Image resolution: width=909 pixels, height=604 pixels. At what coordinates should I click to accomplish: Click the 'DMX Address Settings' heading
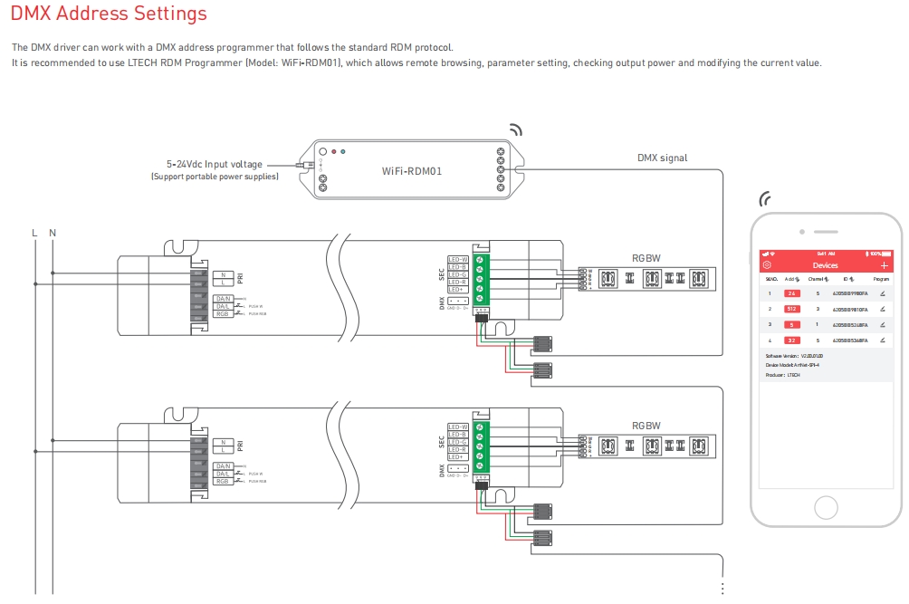(x=109, y=14)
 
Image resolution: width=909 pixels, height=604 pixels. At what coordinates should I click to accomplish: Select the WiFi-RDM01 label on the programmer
(x=412, y=170)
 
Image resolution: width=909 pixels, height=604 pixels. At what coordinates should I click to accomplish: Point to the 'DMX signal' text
(x=662, y=158)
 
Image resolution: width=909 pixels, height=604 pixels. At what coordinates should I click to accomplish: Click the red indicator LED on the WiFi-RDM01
(x=334, y=151)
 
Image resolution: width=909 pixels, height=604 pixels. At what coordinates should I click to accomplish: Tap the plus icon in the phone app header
(x=884, y=265)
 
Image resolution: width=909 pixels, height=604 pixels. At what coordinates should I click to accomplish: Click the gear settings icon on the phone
(x=767, y=265)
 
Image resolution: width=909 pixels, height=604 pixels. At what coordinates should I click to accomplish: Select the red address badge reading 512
(x=792, y=309)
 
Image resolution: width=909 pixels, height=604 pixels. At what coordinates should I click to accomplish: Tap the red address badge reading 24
(x=792, y=293)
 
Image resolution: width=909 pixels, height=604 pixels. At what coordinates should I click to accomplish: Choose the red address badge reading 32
(x=792, y=340)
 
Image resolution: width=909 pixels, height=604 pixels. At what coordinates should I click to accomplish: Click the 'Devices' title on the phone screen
(x=826, y=265)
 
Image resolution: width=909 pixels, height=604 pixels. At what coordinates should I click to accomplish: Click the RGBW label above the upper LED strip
(x=646, y=258)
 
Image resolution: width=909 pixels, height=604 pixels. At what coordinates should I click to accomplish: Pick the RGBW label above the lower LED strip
(x=646, y=426)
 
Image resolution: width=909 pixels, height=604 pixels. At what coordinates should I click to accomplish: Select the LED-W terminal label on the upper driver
(x=457, y=259)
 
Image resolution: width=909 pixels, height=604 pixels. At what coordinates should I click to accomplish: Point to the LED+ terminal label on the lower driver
(x=457, y=457)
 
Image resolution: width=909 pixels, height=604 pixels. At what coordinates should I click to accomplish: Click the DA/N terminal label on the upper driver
(x=223, y=298)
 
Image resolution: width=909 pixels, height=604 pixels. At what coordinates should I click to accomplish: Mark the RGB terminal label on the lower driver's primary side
(x=223, y=481)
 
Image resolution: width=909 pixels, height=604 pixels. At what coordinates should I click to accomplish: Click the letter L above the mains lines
(x=34, y=233)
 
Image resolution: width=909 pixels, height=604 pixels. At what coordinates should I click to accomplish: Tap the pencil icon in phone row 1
(x=883, y=293)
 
